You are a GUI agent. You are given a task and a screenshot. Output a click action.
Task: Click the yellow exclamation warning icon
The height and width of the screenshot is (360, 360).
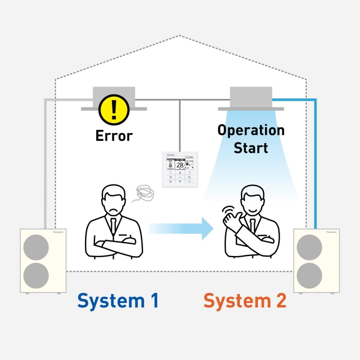pyautogui.click(x=114, y=109)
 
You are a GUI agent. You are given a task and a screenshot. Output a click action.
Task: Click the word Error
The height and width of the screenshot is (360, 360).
pyautogui.click(x=114, y=136)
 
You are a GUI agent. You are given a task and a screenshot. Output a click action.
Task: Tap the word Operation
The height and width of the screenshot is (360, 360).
pyautogui.click(x=251, y=130)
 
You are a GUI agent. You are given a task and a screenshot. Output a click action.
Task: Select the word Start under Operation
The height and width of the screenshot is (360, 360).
pyautogui.click(x=251, y=148)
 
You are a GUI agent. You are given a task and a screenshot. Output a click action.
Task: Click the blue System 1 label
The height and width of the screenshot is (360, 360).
pyautogui.click(x=118, y=301)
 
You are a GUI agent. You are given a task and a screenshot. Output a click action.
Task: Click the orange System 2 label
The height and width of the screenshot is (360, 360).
pyautogui.click(x=245, y=301)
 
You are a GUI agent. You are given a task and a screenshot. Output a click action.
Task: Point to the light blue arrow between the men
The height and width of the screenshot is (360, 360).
pyautogui.click(x=182, y=228)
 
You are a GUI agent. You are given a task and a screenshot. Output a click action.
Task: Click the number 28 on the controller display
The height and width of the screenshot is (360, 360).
pyautogui.click(x=180, y=165)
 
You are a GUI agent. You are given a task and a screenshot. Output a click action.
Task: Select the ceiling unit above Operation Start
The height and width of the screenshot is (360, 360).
pyautogui.click(x=251, y=97)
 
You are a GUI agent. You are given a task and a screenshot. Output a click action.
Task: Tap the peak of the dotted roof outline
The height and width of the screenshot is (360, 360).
pyautogui.click(x=179, y=36)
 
